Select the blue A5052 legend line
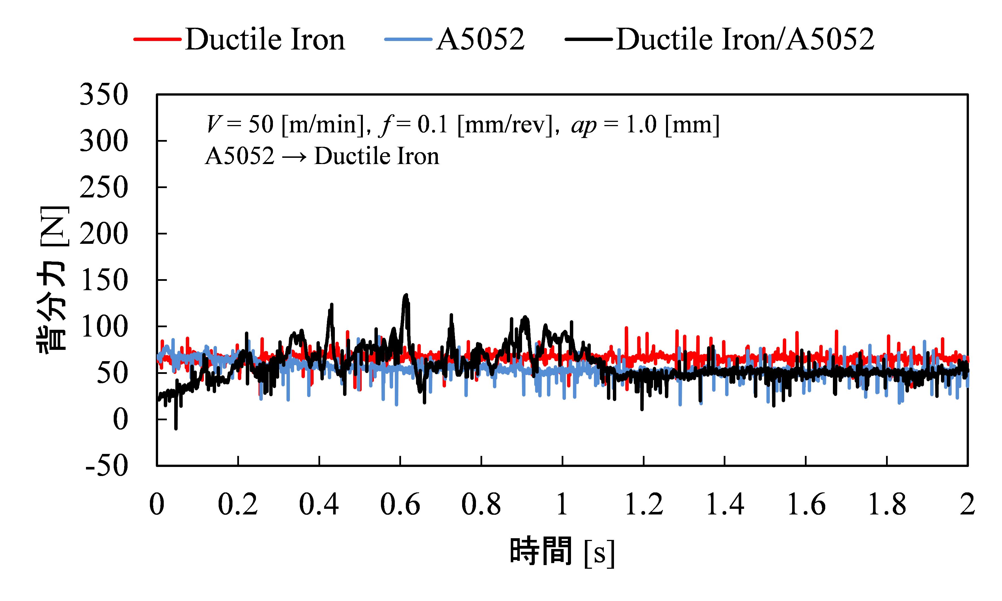pos(408,39)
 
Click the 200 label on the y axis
pos(104,234)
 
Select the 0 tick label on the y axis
pos(120,419)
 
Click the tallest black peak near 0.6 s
pos(406,296)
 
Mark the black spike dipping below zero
pos(176,427)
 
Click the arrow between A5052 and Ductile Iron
pos(294,157)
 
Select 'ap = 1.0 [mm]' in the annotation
pos(645,125)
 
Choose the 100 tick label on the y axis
pos(104,327)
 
